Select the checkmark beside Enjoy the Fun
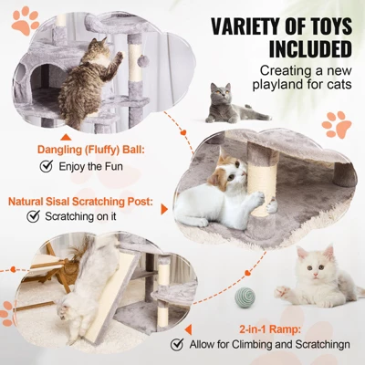click(46, 166)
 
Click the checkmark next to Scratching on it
click(33, 216)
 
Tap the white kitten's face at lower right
click(317, 270)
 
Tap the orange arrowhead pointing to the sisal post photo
click(164, 209)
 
